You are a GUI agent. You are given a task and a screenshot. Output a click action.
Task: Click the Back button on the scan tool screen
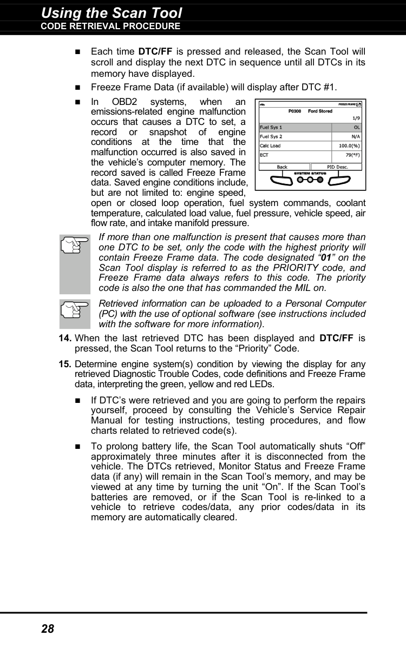click(x=282, y=167)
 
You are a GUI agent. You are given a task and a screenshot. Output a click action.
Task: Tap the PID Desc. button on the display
click(x=337, y=167)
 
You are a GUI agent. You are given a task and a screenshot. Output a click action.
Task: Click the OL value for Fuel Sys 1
click(x=357, y=128)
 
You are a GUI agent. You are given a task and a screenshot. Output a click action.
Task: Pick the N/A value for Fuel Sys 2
click(x=355, y=137)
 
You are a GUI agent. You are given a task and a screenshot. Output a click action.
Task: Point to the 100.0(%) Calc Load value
click(x=349, y=146)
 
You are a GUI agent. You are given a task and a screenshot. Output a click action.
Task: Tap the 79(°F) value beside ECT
click(x=352, y=155)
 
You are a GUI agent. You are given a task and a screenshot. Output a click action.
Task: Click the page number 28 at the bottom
click(x=48, y=628)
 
